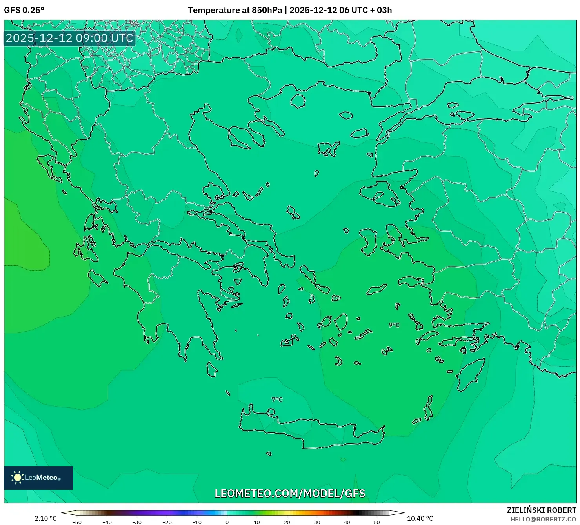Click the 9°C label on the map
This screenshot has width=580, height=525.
394,325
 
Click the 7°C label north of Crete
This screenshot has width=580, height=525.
277,399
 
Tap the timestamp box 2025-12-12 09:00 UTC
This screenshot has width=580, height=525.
69,38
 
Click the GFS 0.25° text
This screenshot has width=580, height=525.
24,10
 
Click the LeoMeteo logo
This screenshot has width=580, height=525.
38,478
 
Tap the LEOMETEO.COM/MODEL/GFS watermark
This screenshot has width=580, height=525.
290,493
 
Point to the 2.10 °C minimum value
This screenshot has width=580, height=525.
45,518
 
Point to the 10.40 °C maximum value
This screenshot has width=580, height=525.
420,518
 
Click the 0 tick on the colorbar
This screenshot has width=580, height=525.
227,522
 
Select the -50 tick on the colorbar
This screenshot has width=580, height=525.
77,522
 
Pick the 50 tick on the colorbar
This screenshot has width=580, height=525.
377,522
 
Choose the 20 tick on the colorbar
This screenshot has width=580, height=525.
287,522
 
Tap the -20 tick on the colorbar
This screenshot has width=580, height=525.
167,522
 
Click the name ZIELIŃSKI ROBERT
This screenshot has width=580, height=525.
541,510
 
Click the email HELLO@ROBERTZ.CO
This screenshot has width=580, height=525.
543,519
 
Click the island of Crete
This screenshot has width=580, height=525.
310,432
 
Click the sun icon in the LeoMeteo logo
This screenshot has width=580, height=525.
17,478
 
